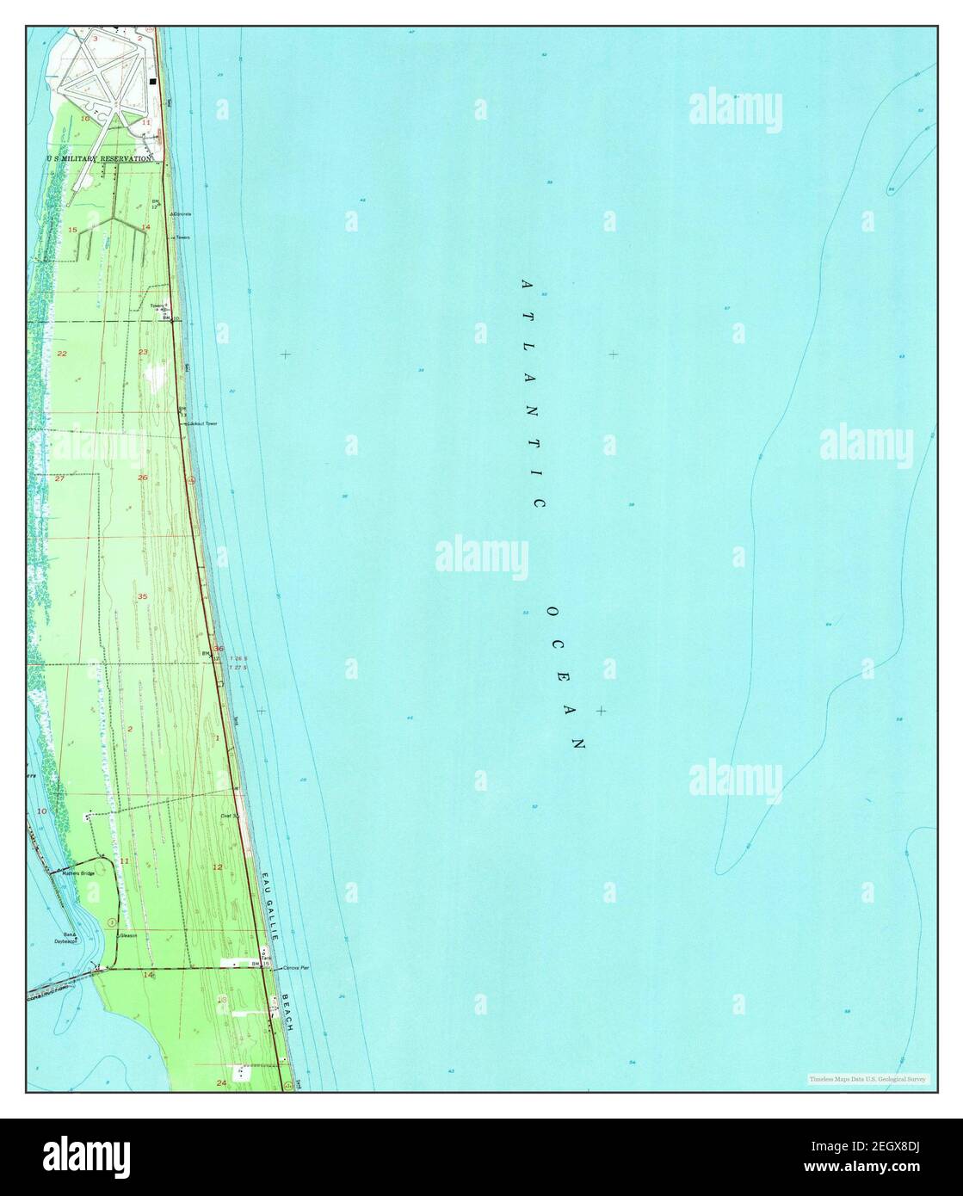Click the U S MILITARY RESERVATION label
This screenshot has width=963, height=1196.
pos(100,159)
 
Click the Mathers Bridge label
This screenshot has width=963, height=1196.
pos(78,872)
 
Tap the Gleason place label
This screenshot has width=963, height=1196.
pos(128,935)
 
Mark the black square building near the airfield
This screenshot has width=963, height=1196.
pos(153,82)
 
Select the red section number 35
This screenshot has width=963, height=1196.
pos(142,596)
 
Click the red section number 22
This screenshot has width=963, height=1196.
pos(61,354)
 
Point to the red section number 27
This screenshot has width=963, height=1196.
pos(59,478)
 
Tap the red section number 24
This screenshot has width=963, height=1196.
pos(222,1081)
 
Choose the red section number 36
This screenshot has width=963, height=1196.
pos(219,649)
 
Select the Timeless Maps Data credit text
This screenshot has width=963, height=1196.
pos(867,1078)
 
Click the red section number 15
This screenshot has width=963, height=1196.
pos(73,230)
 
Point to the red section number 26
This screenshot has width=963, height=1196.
pos(143,478)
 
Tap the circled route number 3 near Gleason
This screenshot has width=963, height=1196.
pos(112,922)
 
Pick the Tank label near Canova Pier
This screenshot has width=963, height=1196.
pos(267,956)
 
